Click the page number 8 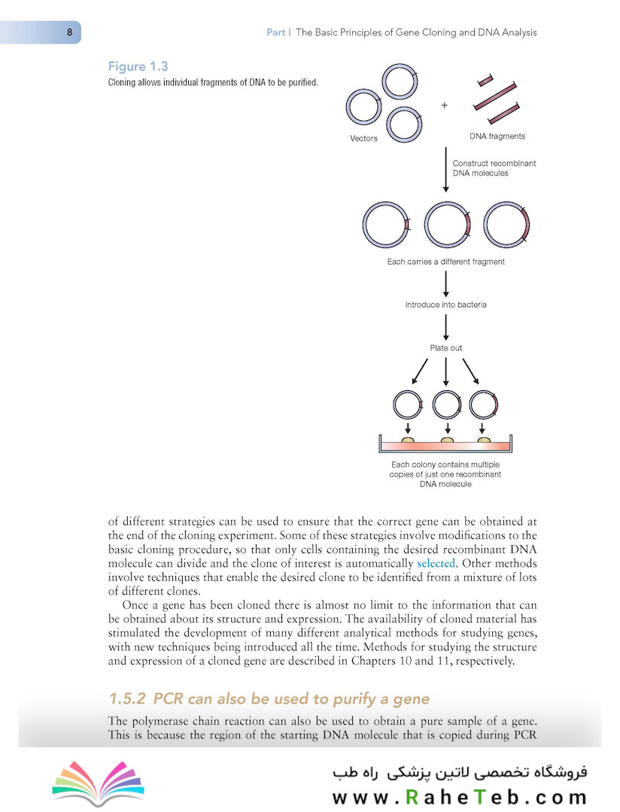pos(69,32)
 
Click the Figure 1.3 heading pos(138,67)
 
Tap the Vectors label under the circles pos(364,138)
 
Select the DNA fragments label pos(497,137)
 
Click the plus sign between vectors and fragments pos(445,106)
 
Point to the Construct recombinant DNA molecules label pos(494,168)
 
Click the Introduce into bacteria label pos(446,304)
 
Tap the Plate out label pos(446,348)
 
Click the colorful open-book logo pos(98,782)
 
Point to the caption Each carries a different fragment pos(445,262)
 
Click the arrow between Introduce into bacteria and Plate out pos(446,326)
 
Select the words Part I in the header pos(279,33)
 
